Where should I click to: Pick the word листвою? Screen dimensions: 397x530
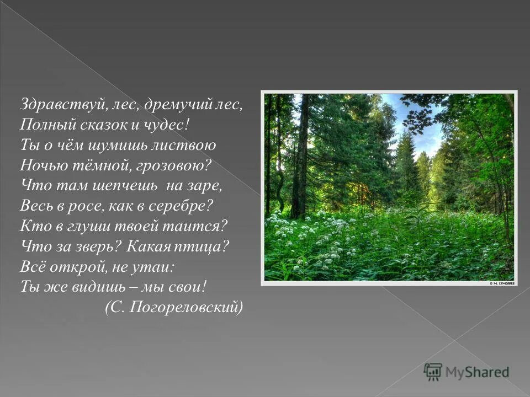186,145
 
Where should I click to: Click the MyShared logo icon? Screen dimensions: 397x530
433,372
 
